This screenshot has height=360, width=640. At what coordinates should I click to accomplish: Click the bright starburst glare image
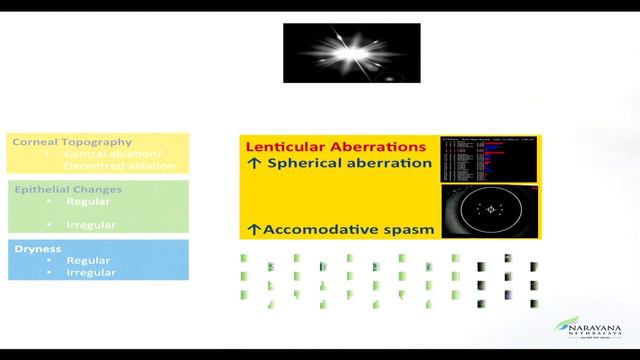click(x=351, y=52)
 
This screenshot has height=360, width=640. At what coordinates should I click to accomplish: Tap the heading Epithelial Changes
click(x=68, y=189)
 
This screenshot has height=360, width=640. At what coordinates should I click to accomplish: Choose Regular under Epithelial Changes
click(x=88, y=201)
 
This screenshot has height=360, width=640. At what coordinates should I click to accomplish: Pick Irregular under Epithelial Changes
click(x=91, y=225)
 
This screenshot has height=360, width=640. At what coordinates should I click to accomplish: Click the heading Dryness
click(x=35, y=248)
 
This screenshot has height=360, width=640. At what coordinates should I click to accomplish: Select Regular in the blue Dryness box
click(x=88, y=260)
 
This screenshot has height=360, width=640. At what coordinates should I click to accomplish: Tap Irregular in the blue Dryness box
click(x=91, y=272)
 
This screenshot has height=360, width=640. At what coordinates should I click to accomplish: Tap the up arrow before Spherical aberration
click(x=254, y=164)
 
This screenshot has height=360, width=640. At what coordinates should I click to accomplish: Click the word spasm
click(x=411, y=229)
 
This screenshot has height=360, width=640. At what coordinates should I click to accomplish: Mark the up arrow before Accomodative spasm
click(x=254, y=229)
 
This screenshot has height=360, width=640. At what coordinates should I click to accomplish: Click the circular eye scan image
click(x=489, y=210)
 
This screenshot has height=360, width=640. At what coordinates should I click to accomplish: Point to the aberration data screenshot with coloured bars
click(x=489, y=158)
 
